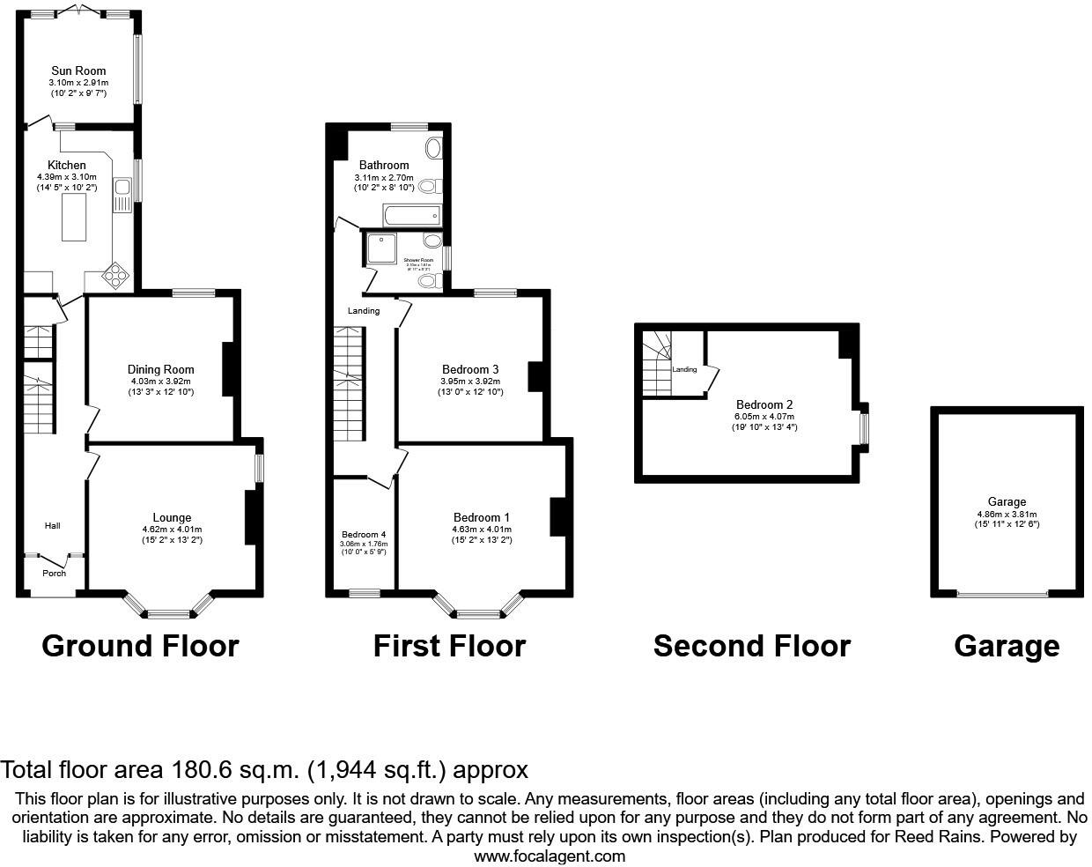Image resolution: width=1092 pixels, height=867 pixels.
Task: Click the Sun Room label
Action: pos(78,70)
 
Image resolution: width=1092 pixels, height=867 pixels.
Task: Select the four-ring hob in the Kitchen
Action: pos(116,276)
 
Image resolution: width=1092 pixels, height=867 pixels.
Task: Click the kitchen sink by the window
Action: pos(121,193)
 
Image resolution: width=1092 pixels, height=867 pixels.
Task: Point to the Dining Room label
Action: pos(160,369)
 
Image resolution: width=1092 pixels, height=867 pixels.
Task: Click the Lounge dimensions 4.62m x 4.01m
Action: pos(172,529)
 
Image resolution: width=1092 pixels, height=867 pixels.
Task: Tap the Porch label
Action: pos(55,573)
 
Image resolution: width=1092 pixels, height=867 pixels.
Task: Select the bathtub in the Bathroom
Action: pos(411,215)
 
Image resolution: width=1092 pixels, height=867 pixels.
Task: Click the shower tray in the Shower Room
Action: pos(382,248)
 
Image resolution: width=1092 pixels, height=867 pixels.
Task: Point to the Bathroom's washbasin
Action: pos(434,149)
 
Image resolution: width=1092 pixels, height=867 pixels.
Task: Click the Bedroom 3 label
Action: pos(470,369)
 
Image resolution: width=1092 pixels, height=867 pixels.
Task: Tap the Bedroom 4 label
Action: pos(364,534)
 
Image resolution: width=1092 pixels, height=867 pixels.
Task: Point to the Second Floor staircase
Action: pos(658,364)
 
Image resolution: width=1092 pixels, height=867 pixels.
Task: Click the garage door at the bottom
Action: pos(1002,595)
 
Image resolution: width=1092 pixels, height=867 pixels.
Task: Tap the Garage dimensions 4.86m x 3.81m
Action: pos(1007,515)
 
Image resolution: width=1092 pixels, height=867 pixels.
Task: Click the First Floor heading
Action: pos(449,646)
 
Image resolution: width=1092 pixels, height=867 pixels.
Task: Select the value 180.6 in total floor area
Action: pos(202,770)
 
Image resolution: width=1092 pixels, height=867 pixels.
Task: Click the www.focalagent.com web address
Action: pos(550,856)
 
